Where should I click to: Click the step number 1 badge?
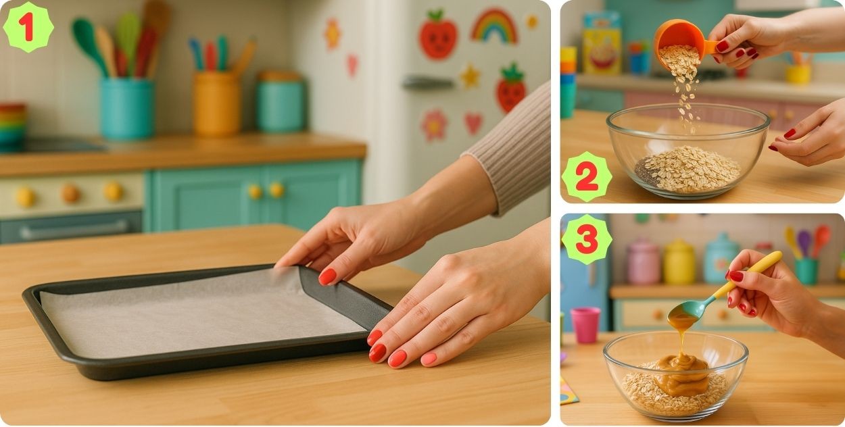[28, 27]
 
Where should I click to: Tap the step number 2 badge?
[587, 177]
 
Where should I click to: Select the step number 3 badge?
[587, 239]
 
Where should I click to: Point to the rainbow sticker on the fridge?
[494, 26]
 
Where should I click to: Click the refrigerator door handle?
[427, 82]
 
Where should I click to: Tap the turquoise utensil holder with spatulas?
[127, 108]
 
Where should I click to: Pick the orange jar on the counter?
[216, 103]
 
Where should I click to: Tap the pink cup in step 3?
[585, 325]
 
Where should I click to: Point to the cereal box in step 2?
[602, 43]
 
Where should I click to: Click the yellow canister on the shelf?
[679, 262]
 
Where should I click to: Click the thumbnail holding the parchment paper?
[327, 276]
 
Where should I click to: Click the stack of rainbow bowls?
[12, 125]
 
